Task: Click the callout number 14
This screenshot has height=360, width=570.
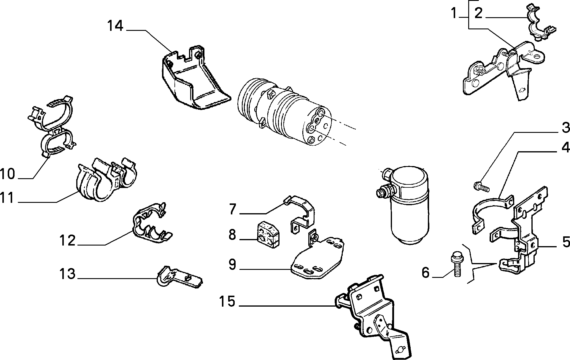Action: coord(115,26)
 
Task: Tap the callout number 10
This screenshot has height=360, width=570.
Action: coord(8,174)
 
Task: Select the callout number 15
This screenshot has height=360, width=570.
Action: coord(227,302)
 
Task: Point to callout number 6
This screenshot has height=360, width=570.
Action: coord(426,273)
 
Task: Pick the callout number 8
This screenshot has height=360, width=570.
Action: coord(232,235)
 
